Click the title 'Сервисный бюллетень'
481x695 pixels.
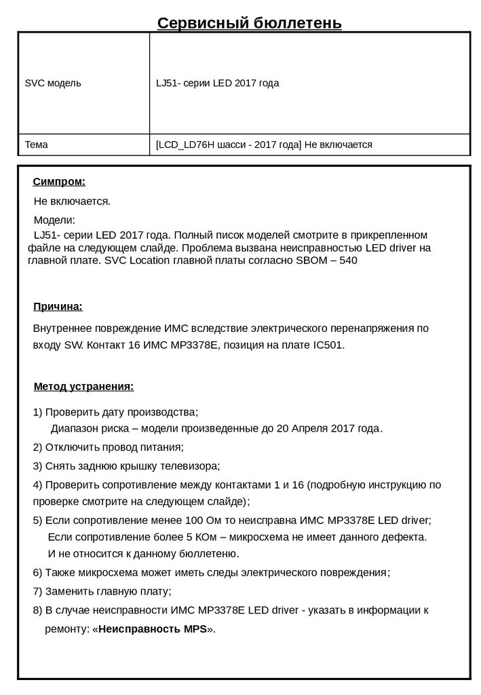pyautogui.click(x=249, y=24)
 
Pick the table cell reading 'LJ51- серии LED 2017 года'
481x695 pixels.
pyautogui.click(x=217, y=83)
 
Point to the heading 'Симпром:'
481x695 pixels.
pyautogui.click(x=59, y=182)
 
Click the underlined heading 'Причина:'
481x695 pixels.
pyautogui.click(x=58, y=307)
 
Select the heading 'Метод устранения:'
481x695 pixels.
pyautogui.click(x=83, y=387)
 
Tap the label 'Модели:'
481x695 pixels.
pyautogui.click(x=54, y=221)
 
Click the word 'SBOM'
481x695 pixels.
pyautogui.click(x=316, y=260)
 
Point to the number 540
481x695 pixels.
pyautogui.click(x=348, y=260)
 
